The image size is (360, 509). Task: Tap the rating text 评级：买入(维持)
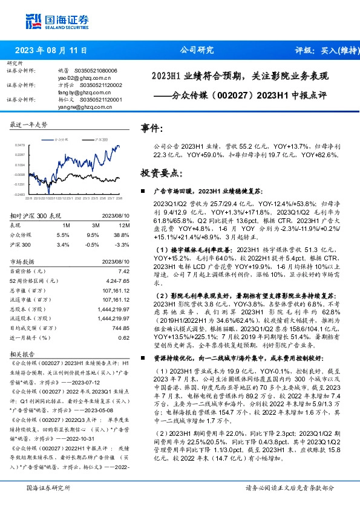point(324,51)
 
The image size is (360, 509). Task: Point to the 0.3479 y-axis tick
point(19,146)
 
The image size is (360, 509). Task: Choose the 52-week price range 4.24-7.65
point(116,282)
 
